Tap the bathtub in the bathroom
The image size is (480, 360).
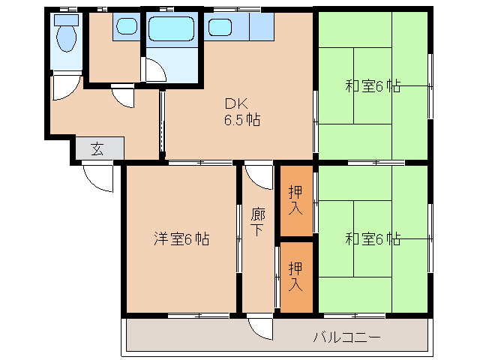point(172,28)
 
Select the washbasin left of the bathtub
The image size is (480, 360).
point(126,28)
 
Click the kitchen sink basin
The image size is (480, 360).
point(220,28)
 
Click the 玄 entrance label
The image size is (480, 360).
point(97,148)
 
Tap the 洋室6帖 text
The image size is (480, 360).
point(181,239)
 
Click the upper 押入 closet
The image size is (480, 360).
point(295,199)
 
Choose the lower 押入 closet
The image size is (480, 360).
point(295,276)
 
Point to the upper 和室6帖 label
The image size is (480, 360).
point(373,86)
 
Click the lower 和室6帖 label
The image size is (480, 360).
point(373,239)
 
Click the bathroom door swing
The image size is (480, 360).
point(156,71)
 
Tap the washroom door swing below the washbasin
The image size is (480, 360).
point(121,96)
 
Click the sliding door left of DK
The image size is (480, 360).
point(161,124)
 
